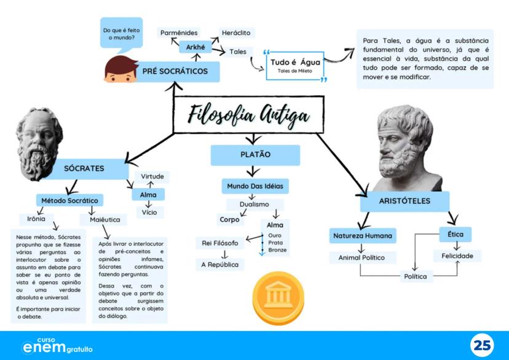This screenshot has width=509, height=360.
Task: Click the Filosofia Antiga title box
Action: click(248, 114)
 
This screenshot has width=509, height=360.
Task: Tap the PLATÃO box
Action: click(255, 155)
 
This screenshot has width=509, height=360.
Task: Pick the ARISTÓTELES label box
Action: click(404, 202)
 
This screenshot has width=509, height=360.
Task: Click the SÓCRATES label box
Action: click(84, 168)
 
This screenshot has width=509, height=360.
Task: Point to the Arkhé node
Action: click(195, 47)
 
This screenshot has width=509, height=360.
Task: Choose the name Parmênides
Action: click(179, 32)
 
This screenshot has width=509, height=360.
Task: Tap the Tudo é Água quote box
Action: click(294, 66)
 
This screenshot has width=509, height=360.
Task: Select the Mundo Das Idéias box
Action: click(254, 186)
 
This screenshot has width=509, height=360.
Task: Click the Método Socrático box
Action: click(69, 200)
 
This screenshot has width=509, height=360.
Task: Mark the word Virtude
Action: click(152, 177)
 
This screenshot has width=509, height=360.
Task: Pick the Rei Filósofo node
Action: click(219, 243)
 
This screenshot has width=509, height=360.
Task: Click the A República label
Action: click(219, 265)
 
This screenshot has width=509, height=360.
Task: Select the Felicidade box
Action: click(457, 255)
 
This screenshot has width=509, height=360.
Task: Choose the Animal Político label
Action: click(361, 257)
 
